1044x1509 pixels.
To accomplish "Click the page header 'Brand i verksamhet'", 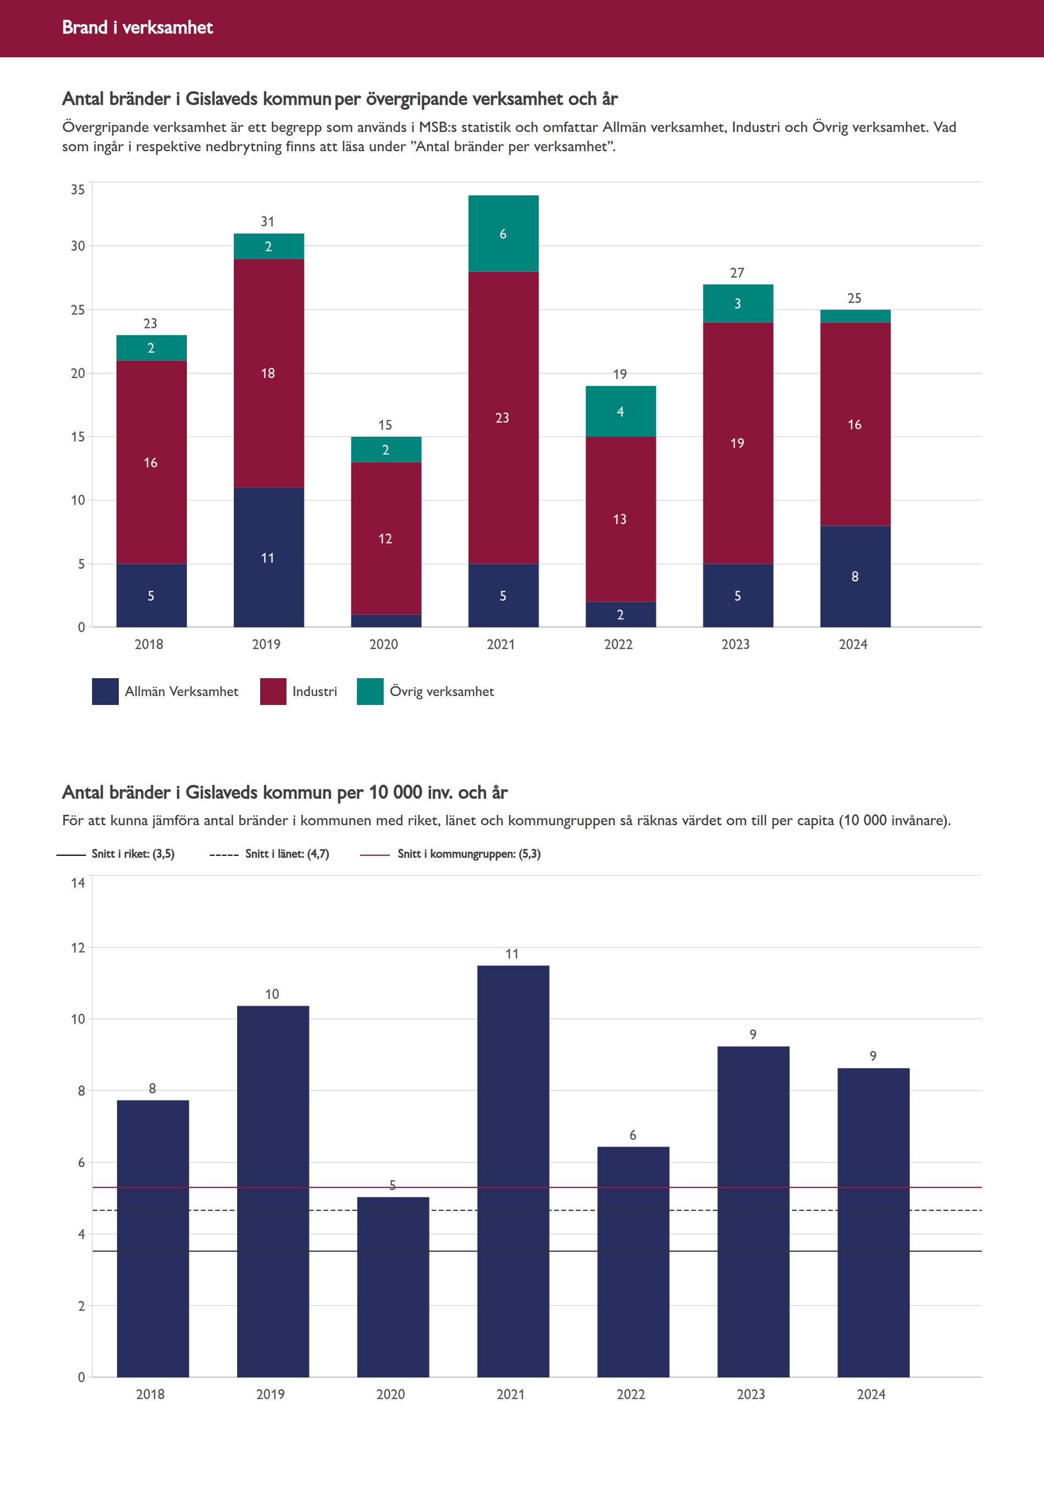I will [x=137, y=27].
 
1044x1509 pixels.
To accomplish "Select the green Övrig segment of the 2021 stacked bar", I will [x=503, y=233].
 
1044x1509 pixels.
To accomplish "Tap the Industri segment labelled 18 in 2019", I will [x=268, y=373].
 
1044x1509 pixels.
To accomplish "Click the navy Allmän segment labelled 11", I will [x=268, y=557].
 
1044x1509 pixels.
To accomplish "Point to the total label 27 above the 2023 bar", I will [x=737, y=273].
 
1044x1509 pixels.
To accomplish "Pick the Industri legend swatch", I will [x=273, y=691].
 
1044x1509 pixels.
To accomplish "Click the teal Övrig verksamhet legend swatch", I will [x=370, y=691].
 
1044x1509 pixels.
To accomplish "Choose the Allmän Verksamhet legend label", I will [x=181, y=691].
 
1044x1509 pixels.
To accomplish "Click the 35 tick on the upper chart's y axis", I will [x=78, y=190].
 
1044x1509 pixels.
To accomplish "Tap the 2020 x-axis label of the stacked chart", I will [x=384, y=644].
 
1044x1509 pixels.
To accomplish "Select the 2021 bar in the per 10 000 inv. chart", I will [x=513, y=1171].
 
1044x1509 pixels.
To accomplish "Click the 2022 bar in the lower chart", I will [x=633, y=1262].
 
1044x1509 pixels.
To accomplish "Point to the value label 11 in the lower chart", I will [x=512, y=954].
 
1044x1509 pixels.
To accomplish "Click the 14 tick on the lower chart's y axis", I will [x=78, y=883].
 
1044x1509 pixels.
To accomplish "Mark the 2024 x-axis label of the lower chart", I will [x=871, y=1394].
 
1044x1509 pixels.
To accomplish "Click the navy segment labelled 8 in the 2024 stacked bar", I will [x=855, y=576].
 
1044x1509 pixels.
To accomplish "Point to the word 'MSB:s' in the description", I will [x=440, y=127].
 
